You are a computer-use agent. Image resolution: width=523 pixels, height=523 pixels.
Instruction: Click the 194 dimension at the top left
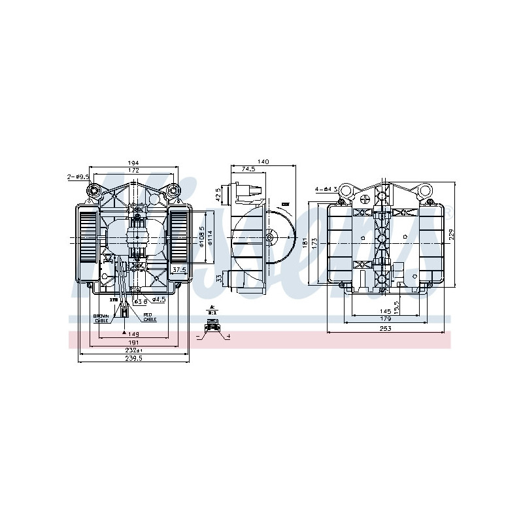[133, 163]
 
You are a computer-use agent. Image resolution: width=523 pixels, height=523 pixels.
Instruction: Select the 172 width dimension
[133, 171]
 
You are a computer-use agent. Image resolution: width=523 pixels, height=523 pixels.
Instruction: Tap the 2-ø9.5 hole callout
[77, 177]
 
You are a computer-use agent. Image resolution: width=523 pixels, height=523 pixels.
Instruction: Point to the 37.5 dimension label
[178, 269]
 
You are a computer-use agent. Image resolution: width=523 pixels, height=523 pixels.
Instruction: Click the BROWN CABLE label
[101, 318]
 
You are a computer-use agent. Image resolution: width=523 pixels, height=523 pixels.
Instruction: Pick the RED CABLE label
[150, 318]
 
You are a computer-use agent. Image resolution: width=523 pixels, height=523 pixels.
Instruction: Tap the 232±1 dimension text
[134, 350]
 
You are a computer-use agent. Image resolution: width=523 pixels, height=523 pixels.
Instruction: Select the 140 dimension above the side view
[263, 161]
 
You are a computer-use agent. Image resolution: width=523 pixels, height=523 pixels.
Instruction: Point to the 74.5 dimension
[248, 169]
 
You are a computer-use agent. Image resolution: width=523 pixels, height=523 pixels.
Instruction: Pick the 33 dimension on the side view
[219, 278]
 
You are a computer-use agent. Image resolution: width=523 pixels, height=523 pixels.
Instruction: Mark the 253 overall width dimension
[385, 329]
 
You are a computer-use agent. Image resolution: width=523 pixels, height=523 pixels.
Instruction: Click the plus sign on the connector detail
[229, 336]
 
